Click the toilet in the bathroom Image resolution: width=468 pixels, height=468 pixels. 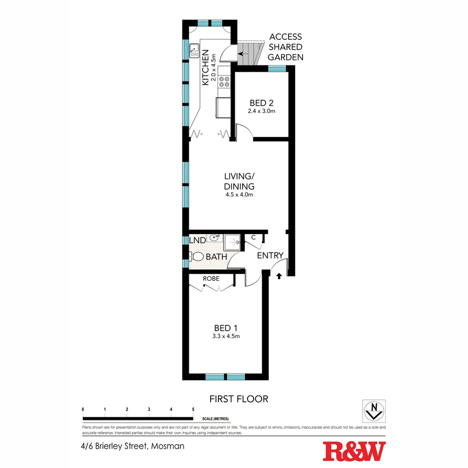[x=197, y=257]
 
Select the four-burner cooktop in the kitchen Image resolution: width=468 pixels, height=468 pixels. [x=224, y=81]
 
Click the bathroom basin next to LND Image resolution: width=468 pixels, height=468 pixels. [x=214, y=237]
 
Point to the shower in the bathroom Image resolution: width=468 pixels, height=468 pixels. [x=232, y=243]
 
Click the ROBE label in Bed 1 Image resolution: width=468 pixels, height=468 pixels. [x=211, y=279]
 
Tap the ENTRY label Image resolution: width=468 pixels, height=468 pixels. [x=270, y=256]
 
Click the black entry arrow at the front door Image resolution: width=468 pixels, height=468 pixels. [x=279, y=275]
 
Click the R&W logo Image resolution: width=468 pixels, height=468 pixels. [x=354, y=452]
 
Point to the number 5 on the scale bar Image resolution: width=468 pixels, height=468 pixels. [x=193, y=409]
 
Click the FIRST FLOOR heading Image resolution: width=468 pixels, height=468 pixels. [x=239, y=399]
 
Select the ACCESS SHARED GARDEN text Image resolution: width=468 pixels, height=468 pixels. [x=286, y=47]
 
